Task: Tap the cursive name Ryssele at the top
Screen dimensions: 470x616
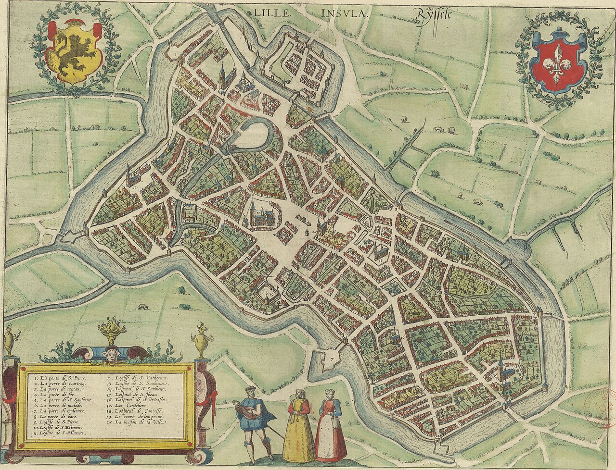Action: click(x=431, y=17)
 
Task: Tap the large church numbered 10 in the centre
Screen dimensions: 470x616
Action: click(x=259, y=214)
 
